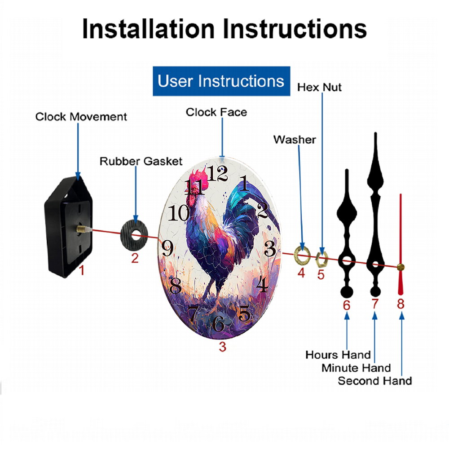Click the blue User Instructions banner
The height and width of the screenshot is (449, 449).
click(221, 81)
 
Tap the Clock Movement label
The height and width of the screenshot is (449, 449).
click(81, 117)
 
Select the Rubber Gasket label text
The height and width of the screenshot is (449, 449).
click(141, 161)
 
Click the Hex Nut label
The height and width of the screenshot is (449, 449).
click(319, 88)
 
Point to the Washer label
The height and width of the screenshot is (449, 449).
click(295, 140)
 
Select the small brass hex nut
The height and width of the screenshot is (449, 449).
click(321, 260)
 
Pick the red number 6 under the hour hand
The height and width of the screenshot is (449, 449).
click(347, 305)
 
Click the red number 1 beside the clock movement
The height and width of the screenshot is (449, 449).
click(82, 270)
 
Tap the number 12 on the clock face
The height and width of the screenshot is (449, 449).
click(217, 173)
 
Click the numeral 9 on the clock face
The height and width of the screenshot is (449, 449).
click(167, 248)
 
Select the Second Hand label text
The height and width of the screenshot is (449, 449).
click(375, 381)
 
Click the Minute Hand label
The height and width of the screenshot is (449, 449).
click(356, 368)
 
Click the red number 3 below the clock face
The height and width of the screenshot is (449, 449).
click(223, 347)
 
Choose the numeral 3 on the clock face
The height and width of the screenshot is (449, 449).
click(270, 248)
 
